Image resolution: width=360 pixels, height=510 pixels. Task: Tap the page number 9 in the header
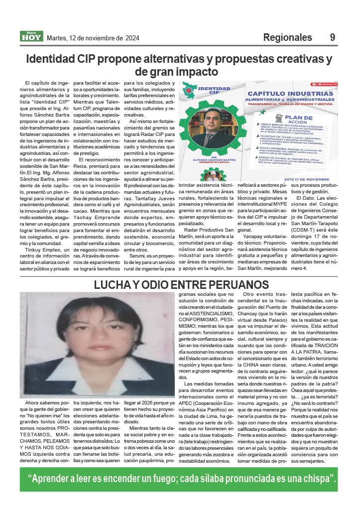click(x=333, y=38)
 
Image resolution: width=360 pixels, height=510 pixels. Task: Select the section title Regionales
click(x=287, y=38)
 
